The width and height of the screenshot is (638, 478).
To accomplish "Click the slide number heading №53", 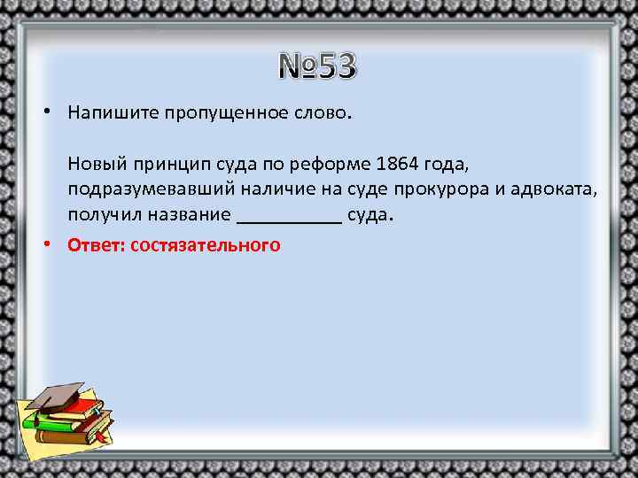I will (x=317, y=66).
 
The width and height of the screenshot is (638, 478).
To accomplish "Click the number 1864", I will (x=396, y=165).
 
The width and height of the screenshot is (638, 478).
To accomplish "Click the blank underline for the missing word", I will (x=290, y=221).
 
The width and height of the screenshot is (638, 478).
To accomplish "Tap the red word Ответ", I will (x=96, y=245).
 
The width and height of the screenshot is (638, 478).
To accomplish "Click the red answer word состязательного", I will (x=205, y=245).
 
